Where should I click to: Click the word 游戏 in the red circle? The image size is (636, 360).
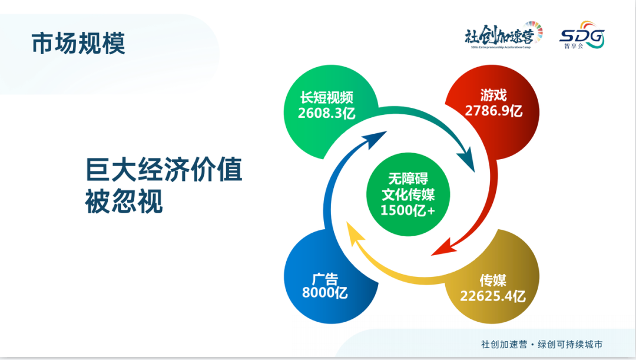click(493, 95)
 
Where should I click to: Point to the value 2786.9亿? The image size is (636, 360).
click(493, 111)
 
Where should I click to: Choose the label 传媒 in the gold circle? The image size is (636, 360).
click(493, 280)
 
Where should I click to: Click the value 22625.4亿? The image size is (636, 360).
click(493, 296)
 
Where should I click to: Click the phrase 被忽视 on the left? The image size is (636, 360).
click(124, 202)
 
